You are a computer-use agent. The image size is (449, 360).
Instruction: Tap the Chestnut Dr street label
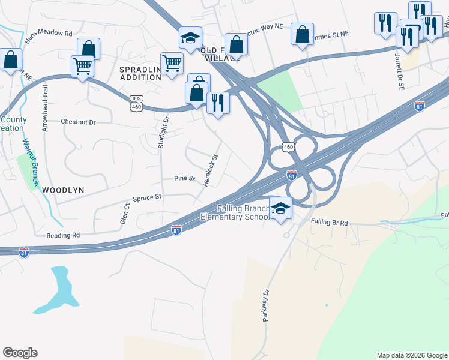79,122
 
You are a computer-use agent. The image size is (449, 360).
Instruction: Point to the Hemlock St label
210,169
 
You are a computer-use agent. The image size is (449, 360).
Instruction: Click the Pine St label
184,179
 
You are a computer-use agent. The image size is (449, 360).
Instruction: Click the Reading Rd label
63,236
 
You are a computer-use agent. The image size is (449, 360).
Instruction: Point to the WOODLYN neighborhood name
63,190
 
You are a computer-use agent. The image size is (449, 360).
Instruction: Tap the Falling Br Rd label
329,223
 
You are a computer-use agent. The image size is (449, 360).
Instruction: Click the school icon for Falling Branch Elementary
280,208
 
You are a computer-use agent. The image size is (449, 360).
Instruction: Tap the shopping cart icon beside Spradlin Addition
172,62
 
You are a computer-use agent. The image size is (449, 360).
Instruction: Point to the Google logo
20,353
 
